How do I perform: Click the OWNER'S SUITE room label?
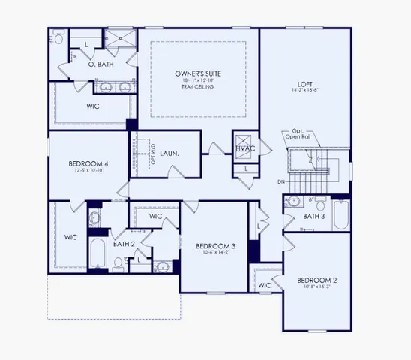pos(198,73)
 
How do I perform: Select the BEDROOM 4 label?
pos(88,163)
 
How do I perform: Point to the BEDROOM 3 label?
pos(216,246)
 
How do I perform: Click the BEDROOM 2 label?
pos(317,280)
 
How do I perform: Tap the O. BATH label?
pos(100,64)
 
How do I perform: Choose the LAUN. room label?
pos(169,153)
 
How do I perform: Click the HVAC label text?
pos(245,149)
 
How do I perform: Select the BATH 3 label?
pos(294,216)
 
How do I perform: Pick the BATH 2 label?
pos(124,243)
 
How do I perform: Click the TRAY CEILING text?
pos(198,87)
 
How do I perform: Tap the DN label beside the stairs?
pos(281,182)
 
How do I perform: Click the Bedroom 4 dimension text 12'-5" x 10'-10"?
pos(88,172)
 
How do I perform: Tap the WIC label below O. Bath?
pos(92,106)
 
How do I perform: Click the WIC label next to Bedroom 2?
pos(265,285)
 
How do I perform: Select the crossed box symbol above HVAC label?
pos(245,139)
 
